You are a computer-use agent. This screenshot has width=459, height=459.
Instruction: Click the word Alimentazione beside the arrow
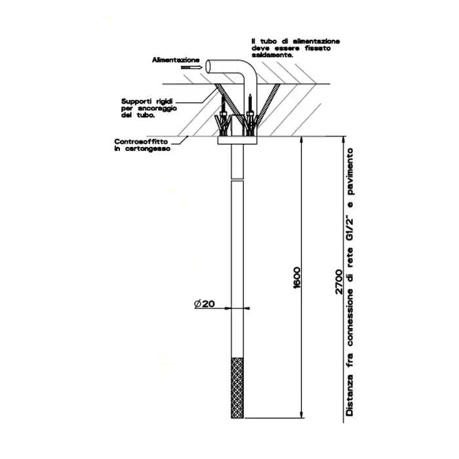(x=176, y=59)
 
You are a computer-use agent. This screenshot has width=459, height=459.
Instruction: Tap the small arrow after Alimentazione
(x=190, y=67)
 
